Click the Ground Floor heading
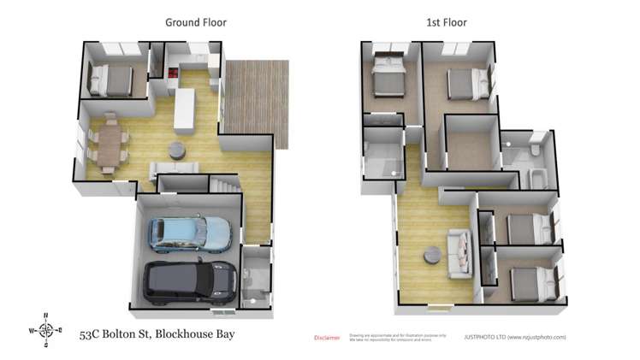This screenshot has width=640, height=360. point(195,22)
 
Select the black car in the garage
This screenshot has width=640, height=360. point(189,281)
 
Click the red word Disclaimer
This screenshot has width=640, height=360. point(327,338)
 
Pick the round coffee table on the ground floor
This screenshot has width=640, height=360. point(175,150)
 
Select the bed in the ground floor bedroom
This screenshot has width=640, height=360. point(112,80)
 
